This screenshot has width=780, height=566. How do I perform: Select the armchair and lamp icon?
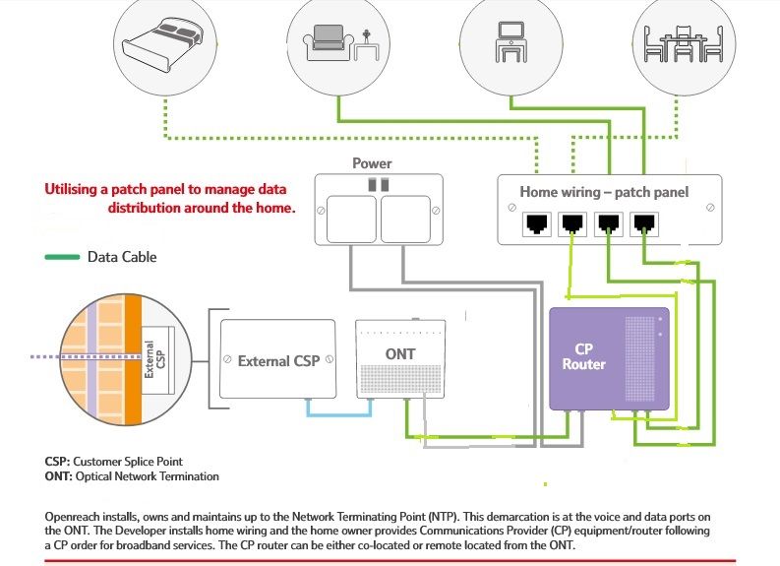340,40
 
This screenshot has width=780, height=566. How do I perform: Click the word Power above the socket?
372,163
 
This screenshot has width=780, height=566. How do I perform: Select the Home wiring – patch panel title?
604,192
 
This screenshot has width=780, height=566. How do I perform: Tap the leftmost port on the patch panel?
538,223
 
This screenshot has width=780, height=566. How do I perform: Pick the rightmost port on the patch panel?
644,223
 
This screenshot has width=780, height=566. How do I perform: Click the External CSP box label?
277,360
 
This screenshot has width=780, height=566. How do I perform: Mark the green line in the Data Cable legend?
62,258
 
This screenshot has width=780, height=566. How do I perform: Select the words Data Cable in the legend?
122,258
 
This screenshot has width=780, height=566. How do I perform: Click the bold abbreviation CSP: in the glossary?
57,462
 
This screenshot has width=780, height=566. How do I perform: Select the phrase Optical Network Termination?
148,476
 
